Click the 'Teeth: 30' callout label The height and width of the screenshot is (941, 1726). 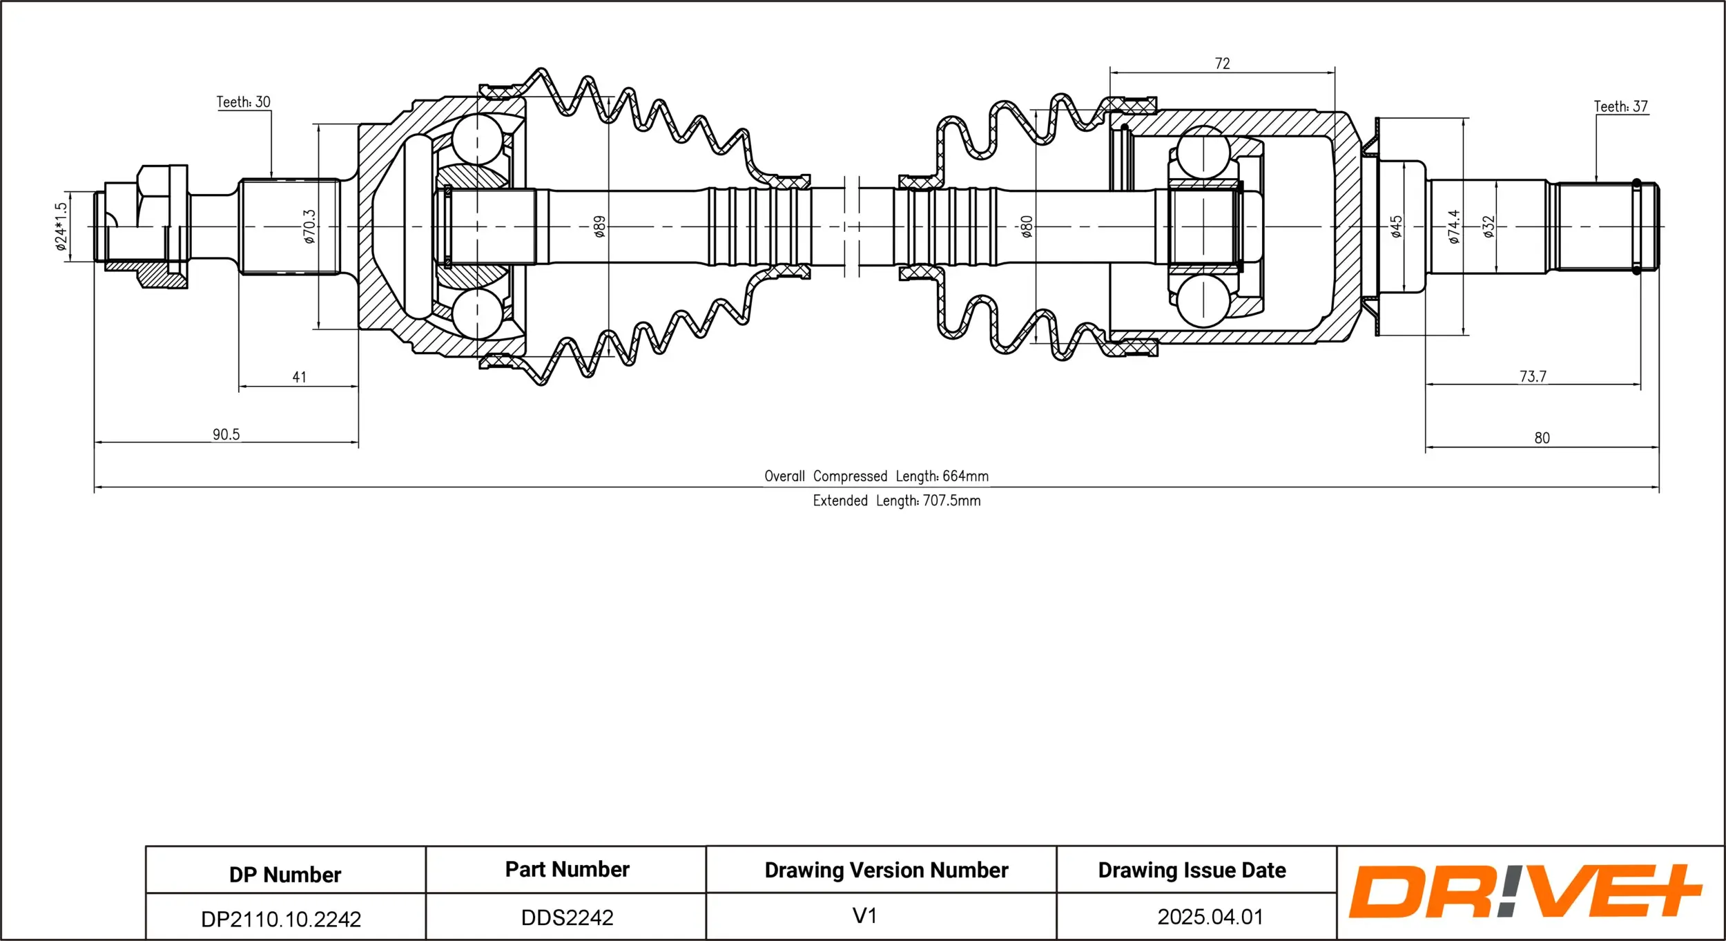(x=243, y=102)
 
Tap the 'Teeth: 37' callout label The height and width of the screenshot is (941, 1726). (x=1620, y=106)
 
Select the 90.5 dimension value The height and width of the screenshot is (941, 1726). (x=226, y=434)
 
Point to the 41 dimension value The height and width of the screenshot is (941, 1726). (x=299, y=377)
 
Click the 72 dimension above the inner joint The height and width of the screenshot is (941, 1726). (x=1222, y=64)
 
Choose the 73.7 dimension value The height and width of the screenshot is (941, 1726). (x=1532, y=376)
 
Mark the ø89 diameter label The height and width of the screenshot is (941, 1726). (x=600, y=226)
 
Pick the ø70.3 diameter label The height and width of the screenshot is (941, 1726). (x=309, y=226)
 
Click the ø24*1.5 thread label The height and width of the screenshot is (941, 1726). (x=61, y=226)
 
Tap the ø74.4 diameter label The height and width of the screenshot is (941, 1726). (x=1454, y=226)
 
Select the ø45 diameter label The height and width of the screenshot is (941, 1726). (x=1396, y=226)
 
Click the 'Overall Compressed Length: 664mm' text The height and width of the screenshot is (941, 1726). (x=876, y=476)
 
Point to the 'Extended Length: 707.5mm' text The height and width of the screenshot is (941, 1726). (x=896, y=501)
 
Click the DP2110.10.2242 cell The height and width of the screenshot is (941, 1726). (x=280, y=919)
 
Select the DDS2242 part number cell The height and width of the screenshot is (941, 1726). (x=567, y=918)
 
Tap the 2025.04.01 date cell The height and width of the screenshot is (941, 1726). (x=1210, y=917)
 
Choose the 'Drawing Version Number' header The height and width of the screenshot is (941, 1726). (x=886, y=870)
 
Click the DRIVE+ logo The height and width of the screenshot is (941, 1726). (x=1524, y=891)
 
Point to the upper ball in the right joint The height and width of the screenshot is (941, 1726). (x=1203, y=152)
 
